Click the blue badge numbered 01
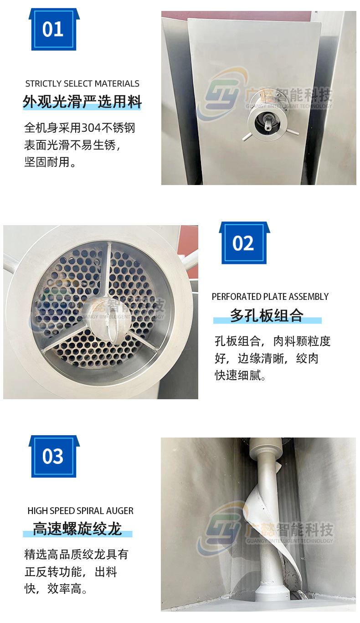(x=53, y=30)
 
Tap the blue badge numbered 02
(x=243, y=243)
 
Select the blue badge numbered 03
(x=53, y=456)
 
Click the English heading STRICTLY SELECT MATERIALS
(x=82, y=84)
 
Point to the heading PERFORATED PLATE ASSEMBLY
(x=270, y=297)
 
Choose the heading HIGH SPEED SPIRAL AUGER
(x=80, y=511)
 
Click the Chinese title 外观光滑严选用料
(x=82, y=102)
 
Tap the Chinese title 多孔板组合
(x=267, y=315)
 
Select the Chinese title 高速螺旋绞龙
(x=77, y=529)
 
